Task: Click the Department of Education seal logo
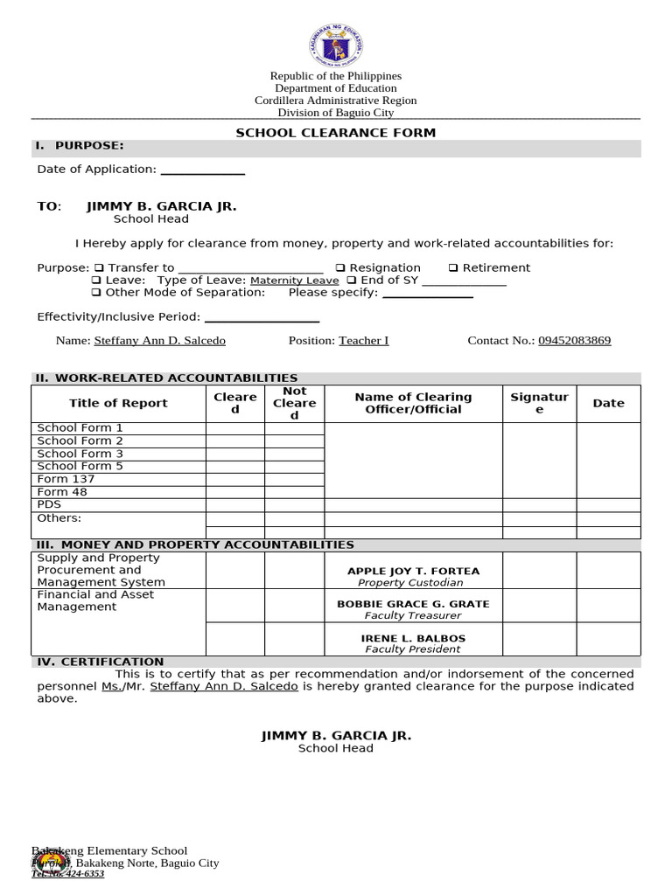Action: (336, 46)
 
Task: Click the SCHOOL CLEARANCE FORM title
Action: (336, 133)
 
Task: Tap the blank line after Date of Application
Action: (202, 170)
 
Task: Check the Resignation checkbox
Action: (340, 268)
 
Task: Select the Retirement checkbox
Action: (453, 268)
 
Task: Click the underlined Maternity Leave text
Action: (294, 281)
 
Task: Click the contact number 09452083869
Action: (574, 341)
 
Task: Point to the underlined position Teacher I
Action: (364, 341)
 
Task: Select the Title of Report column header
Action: (118, 403)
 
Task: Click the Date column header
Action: (608, 403)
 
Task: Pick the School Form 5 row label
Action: (80, 466)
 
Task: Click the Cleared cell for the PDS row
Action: (234, 504)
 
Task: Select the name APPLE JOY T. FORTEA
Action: (413, 571)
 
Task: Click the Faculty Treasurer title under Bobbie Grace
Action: (413, 615)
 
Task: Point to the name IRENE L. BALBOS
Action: (413, 638)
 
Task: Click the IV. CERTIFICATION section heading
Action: (99, 662)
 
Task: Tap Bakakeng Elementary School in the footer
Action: (109, 850)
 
